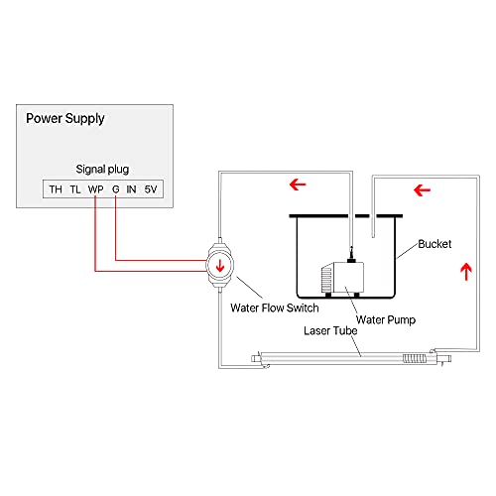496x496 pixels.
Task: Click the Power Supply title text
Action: pos(65,119)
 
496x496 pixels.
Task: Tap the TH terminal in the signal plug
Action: pos(56,188)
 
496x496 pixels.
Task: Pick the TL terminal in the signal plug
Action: pos(75,188)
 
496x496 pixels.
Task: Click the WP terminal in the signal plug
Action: pos(95,188)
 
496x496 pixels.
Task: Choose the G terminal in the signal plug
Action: pos(116,188)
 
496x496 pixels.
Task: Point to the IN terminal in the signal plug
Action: pos(131,188)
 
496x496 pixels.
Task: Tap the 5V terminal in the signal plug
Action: pos(150,188)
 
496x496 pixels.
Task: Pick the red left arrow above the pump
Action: pos(296,184)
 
